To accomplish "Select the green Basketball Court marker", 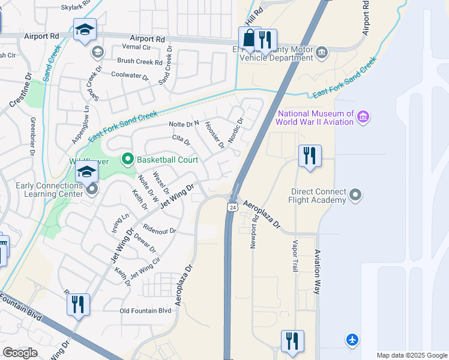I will pyautogui.click(x=127, y=160).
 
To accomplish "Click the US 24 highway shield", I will pyautogui.click(x=231, y=206).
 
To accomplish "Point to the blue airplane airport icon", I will pyautogui.click(x=353, y=340).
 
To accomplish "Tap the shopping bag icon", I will pyautogui.click(x=248, y=39).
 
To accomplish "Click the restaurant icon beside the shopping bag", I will pyautogui.click(x=265, y=40).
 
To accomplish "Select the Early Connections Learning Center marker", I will pyautogui.click(x=92, y=190).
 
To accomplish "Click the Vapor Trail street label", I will pyautogui.click(x=295, y=256).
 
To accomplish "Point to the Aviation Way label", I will pyautogui.click(x=318, y=272).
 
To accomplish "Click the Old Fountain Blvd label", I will pyautogui.click(x=146, y=310).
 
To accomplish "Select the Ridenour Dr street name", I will pyautogui.click(x=160, y=230).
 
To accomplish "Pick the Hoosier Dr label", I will pyautogui.click(x=214, y=135).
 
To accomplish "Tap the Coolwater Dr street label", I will pyautogui.click(x=130, y=75).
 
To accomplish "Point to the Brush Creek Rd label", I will pyautogui.click(x=140, y=61).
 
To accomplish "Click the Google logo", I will pyautogui.click(x=20, y=353).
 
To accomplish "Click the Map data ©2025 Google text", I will pyautogui.click(x=411, y=355).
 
